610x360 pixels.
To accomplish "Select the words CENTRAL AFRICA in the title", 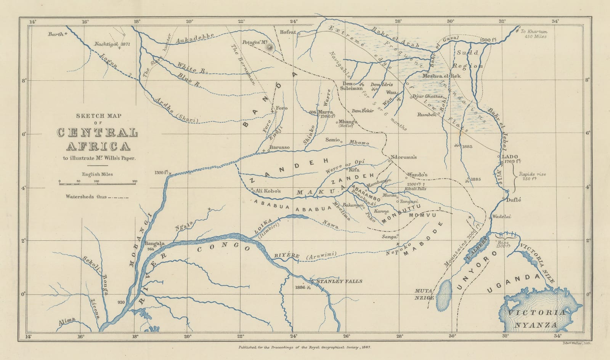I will click(x=98, y=139).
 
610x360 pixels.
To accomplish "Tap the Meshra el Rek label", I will click(x=442, y=76).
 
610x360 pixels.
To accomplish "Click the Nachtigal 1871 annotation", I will click(x=113, y=44).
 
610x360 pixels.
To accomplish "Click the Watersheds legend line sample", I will click(x=119, y=197).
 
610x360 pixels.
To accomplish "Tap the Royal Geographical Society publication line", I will click(x=305, y=347).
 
